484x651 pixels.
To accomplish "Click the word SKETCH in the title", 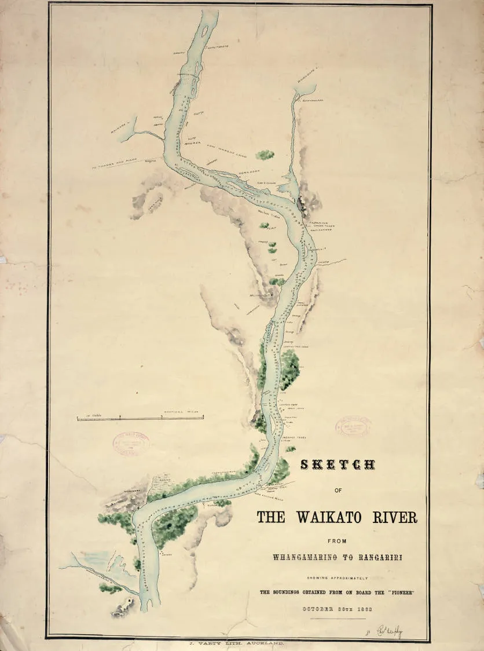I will coord(337,465).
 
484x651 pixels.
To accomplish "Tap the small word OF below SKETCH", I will coord(338,491).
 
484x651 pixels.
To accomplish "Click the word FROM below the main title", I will coord(337,541).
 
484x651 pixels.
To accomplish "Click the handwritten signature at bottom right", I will coord(390,631).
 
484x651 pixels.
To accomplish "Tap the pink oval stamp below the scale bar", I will coord(131,442).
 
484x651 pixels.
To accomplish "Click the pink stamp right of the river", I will coord(353,426).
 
